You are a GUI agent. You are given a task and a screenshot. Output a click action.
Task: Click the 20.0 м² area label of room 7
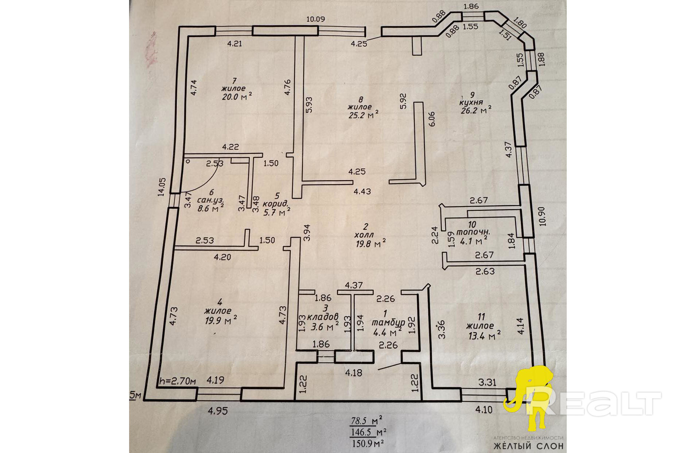click(x=237, y=96)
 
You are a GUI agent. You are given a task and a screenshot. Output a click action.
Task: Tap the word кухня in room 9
click(x=471, y=103)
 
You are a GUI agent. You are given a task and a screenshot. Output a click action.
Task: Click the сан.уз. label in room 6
click(x=210, y=200)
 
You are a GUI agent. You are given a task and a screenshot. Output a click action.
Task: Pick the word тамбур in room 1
click(x=388, y=323)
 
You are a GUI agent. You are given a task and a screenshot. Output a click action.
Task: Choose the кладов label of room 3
click(x=323, y=317)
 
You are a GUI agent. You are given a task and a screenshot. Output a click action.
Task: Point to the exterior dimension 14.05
click(x=162, y=187)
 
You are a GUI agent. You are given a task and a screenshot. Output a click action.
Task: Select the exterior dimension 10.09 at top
click(x=315, y=19)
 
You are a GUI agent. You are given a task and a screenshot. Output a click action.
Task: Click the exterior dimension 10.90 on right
click(x=542, y=216)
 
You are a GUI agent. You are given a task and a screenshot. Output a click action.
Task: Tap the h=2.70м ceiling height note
click(x=178, y=381)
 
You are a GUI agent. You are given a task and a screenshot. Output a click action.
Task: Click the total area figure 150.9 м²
click(x=368, y=444)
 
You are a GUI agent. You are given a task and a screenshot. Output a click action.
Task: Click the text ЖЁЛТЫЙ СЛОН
click(x=528, y=446)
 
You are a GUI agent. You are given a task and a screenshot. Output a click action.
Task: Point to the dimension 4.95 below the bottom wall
click(x=218, y=411)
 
